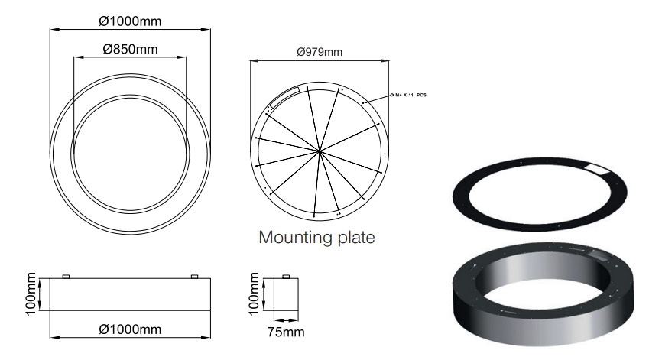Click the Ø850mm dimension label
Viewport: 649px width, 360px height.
[x=131, y=49]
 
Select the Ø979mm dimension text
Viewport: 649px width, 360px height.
[x=320, y=52]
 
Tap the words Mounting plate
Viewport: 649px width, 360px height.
[x=316, y=237]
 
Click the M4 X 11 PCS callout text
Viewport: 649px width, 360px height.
[x=410, y=96]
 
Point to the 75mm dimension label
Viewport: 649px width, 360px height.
[x=286, y=332]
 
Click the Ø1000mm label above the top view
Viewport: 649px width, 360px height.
[x=131, y=21]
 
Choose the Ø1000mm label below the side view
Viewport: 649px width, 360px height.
[x=131, y=329]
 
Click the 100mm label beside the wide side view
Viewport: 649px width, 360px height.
[x=31, y=294]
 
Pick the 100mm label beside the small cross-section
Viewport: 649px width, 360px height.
[x=254, y=294]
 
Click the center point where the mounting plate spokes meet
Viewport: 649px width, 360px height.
[x=320, y=152]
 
